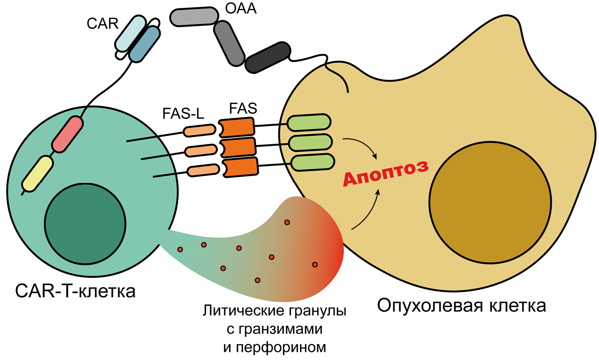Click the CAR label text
[x=102, y=24]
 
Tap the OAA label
[x=240, y=8]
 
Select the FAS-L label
[x=183, y=114]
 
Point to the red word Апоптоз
[x=386, y=173]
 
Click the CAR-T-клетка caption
[x=76, y=291]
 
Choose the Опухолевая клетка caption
[x=462, y=306]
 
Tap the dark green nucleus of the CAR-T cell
[x=85, y=224]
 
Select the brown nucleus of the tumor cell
[x=489, y=202]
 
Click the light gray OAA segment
[x=194, y=17]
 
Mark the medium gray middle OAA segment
[x=230, y=43]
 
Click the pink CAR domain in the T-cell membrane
[x=67, y=134]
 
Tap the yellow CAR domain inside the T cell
[x=37, y=173]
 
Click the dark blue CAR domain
[x=144, y=45]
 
